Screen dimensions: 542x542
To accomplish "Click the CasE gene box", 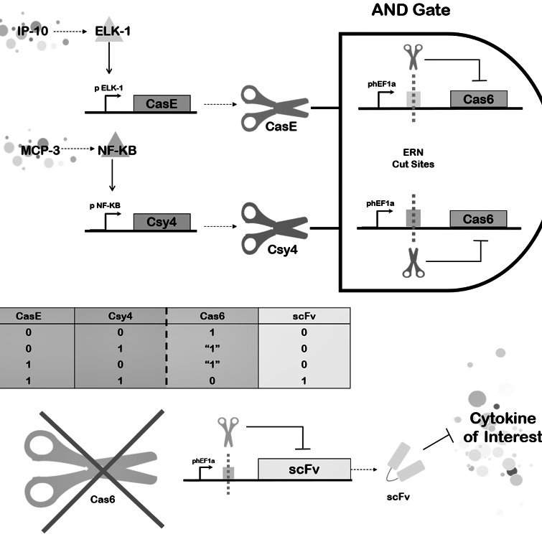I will (x=163, y=104).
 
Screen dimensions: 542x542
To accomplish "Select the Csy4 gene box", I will (x=163, y=223).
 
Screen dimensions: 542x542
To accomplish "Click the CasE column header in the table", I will (x=37, y=315).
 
